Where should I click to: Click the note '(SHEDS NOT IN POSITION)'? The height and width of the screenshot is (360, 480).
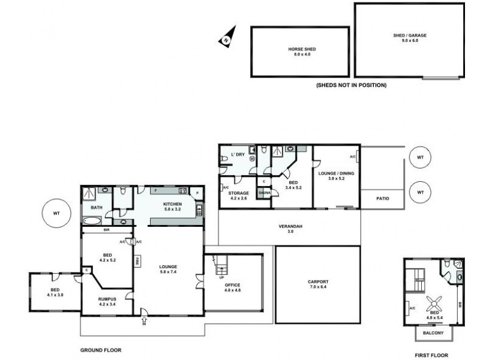click(351, 85)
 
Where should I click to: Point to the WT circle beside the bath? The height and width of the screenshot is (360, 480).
click(56, 213)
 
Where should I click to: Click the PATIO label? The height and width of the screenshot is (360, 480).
click(383, 197)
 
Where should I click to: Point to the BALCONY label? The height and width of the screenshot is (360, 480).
click(433, 333)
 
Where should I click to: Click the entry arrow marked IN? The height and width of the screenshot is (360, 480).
click(144, 314)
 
